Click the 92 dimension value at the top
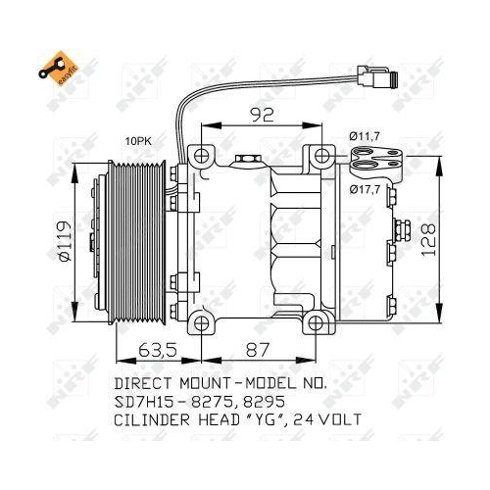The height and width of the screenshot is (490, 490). click(x=262, y=116)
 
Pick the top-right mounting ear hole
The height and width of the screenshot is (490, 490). click(x=319, y=154)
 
